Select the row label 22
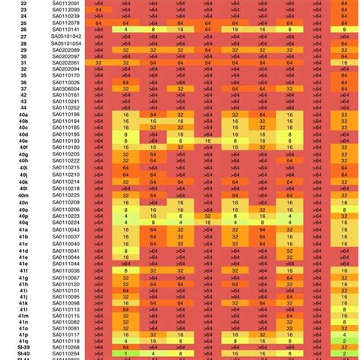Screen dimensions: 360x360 pyautogui.click(x=24, y=4)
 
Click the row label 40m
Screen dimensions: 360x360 pyautogui.click(x=24, y=197)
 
